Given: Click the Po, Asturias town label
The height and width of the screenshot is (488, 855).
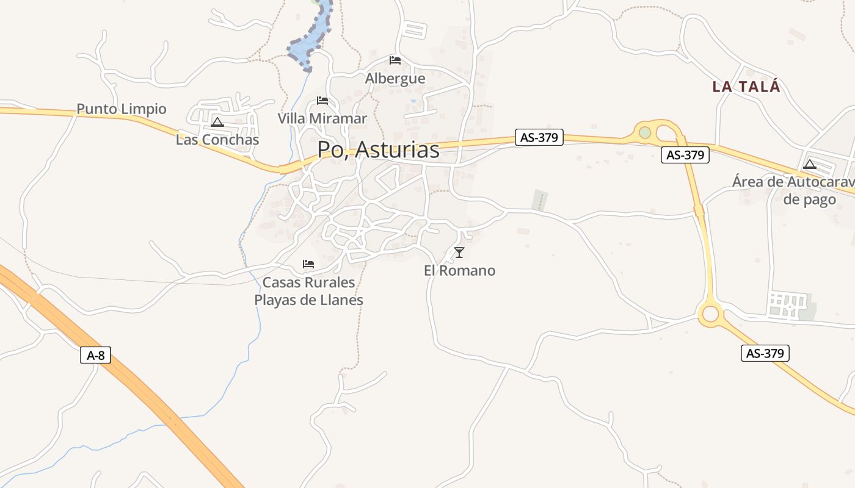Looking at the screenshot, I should [x=378, y=149].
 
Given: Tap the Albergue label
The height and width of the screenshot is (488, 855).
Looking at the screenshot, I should [x=395, y=79].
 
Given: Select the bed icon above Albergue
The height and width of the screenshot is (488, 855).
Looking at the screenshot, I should [x=395, y=60].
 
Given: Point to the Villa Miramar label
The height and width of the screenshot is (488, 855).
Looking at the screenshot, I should [x=322, y=118].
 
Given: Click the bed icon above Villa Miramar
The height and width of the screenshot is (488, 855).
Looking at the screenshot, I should [x=322, y=101].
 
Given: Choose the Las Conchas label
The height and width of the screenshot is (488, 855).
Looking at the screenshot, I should [x=217, y=140].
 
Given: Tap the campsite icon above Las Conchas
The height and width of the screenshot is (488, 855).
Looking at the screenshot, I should [x=217, y=122].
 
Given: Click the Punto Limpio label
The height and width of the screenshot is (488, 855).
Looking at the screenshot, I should [x=122, y=109].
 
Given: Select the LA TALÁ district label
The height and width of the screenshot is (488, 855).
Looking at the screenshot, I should [x=746, y=87].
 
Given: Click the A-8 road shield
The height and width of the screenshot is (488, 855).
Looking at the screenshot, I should [x=95, y=355].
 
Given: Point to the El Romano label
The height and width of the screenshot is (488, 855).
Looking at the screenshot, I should [x=459, y=270].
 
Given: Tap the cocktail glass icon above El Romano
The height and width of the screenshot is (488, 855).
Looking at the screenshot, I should [x=459, y=253].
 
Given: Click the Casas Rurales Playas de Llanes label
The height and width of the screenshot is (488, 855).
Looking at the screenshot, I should [x=308, y=291].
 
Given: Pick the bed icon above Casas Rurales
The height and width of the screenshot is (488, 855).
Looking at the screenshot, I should [x=308, y=264].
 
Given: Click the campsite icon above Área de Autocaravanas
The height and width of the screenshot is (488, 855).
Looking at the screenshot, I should [x=810, y=164].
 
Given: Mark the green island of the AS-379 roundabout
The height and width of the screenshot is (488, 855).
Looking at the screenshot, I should [x=645, y=132].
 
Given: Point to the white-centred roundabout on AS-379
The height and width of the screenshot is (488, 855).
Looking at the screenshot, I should [x=710, y=314].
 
